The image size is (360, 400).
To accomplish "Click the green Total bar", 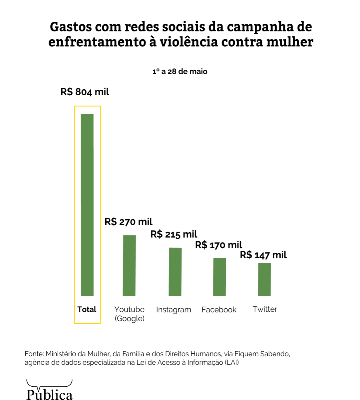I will [x=87, y=205].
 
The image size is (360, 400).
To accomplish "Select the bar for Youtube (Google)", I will [x=129, y=265].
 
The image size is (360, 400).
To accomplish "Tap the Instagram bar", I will [x=175, y=272].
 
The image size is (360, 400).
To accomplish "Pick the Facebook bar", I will [x=219, y=277].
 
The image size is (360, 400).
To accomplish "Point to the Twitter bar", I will [x=264, y=279].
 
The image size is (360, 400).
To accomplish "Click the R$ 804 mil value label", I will [x=85, y=92].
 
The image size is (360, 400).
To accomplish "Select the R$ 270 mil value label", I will [x=128, y=222].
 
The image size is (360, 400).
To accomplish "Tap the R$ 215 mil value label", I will [x=174, y=234].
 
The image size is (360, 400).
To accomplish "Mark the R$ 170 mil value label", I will [x=218, y=245].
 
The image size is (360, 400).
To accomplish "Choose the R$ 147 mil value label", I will [x=263, y=255].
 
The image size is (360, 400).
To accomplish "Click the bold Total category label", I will [x=87, y=309].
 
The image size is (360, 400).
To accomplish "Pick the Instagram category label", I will [x=174, y=310].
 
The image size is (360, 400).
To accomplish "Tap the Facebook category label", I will [x=219, y=310].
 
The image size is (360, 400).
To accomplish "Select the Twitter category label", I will [x=265, y=309].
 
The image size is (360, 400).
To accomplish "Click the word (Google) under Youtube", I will [x=130, y=319].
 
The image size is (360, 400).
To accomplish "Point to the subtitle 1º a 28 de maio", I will [x=180, y=72].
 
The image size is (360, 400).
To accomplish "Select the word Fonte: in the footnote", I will [x=34, y=354].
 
